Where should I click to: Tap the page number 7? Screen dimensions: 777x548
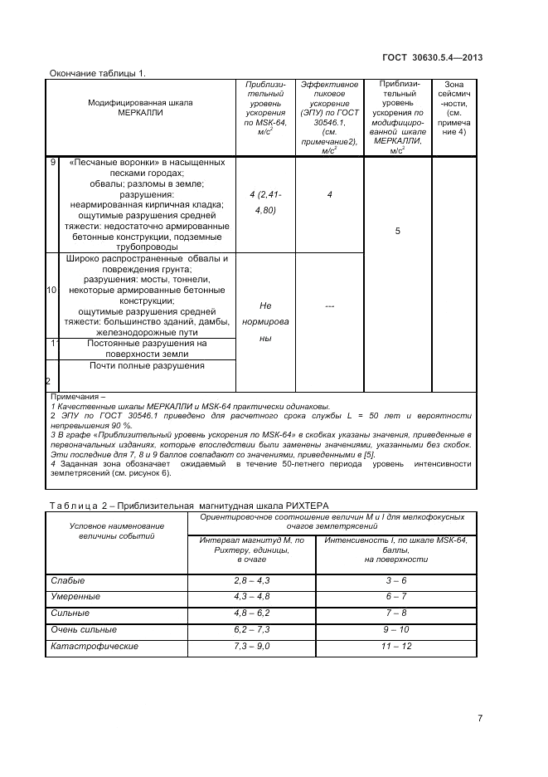pos(480,719)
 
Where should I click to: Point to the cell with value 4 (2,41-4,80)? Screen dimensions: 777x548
pos(265,202)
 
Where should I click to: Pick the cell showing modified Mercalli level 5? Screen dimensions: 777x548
pos(398,231)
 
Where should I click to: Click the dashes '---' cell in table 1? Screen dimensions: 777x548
pos(329,306)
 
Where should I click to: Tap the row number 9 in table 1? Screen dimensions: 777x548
pos(53,162)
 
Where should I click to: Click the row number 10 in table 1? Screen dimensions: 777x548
pos(52,291)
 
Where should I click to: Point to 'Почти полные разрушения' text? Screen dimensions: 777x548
pos(148,365)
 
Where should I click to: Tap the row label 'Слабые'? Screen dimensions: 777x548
pos(68,580)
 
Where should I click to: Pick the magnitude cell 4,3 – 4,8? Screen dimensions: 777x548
pos(252,597)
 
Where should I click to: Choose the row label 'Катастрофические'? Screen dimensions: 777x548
pos(95,646)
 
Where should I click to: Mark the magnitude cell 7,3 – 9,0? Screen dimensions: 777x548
pos(252,646)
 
